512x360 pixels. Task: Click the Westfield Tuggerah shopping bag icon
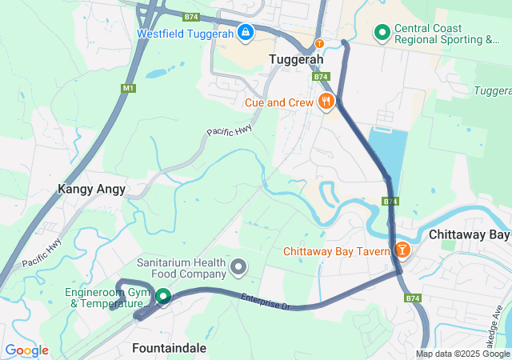pos(246,34)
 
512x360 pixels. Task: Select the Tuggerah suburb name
pos(296,60)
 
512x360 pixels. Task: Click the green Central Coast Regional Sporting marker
pos(382,33)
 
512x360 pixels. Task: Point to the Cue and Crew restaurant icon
pos(326,102)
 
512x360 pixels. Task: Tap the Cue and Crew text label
pos(279,102)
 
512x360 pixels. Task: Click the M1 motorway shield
pos(128,86)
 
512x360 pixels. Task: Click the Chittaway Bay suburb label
pos(469,235)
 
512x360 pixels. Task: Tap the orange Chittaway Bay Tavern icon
pos(402,251)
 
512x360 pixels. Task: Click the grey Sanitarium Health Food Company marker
pos(238,266)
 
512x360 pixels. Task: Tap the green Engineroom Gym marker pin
pos(163,296)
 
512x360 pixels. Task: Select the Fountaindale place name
pos(169,349)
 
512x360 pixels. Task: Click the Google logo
pos(26,350)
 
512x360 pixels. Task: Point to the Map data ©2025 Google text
pos(462,354)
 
